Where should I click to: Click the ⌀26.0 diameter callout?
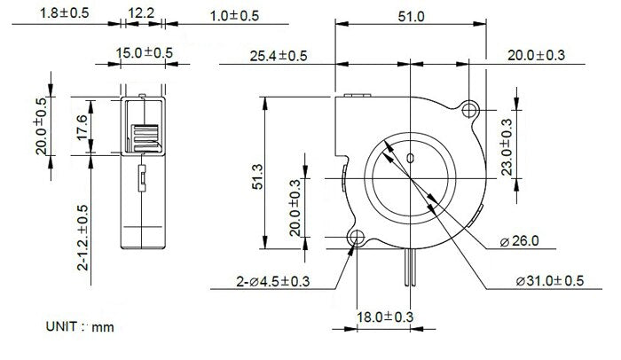(522, 240)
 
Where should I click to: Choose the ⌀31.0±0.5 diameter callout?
(550, 281)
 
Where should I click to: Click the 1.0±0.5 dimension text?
(210, 16)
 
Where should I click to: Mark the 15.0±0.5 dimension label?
(145, 54)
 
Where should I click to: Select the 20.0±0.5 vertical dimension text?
(40, 125)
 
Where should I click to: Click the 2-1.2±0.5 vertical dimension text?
(82, 238)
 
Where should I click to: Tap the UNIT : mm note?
(80, 327)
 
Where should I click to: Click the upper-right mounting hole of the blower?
(470, 109)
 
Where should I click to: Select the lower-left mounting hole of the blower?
(358, 239)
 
